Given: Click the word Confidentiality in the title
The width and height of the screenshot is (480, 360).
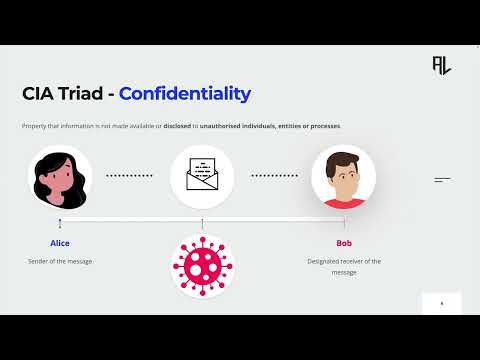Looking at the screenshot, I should coord(184,94).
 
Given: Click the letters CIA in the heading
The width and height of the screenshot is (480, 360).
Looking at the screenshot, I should coord(39,94).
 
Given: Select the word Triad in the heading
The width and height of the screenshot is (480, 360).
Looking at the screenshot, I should coord(81,94).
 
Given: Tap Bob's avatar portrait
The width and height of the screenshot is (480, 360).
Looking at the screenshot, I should coord(343,176).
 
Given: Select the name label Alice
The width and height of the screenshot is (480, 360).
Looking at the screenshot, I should coord(60,243).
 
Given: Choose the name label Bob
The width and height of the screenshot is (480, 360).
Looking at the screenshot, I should coord(344,243).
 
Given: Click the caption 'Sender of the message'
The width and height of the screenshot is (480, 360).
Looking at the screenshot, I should coord(60,261).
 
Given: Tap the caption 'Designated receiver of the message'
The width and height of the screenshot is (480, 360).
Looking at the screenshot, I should coord(344,265).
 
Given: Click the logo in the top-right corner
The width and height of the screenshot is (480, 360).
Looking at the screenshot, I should coord(441,64).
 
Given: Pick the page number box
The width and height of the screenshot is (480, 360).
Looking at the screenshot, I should coord(441,302).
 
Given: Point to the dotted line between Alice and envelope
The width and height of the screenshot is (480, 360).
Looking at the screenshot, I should coord(131,175).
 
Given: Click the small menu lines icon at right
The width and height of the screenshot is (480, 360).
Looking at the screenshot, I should coord(442,180).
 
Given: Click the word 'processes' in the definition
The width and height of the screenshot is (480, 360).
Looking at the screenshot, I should coord(325,126).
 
